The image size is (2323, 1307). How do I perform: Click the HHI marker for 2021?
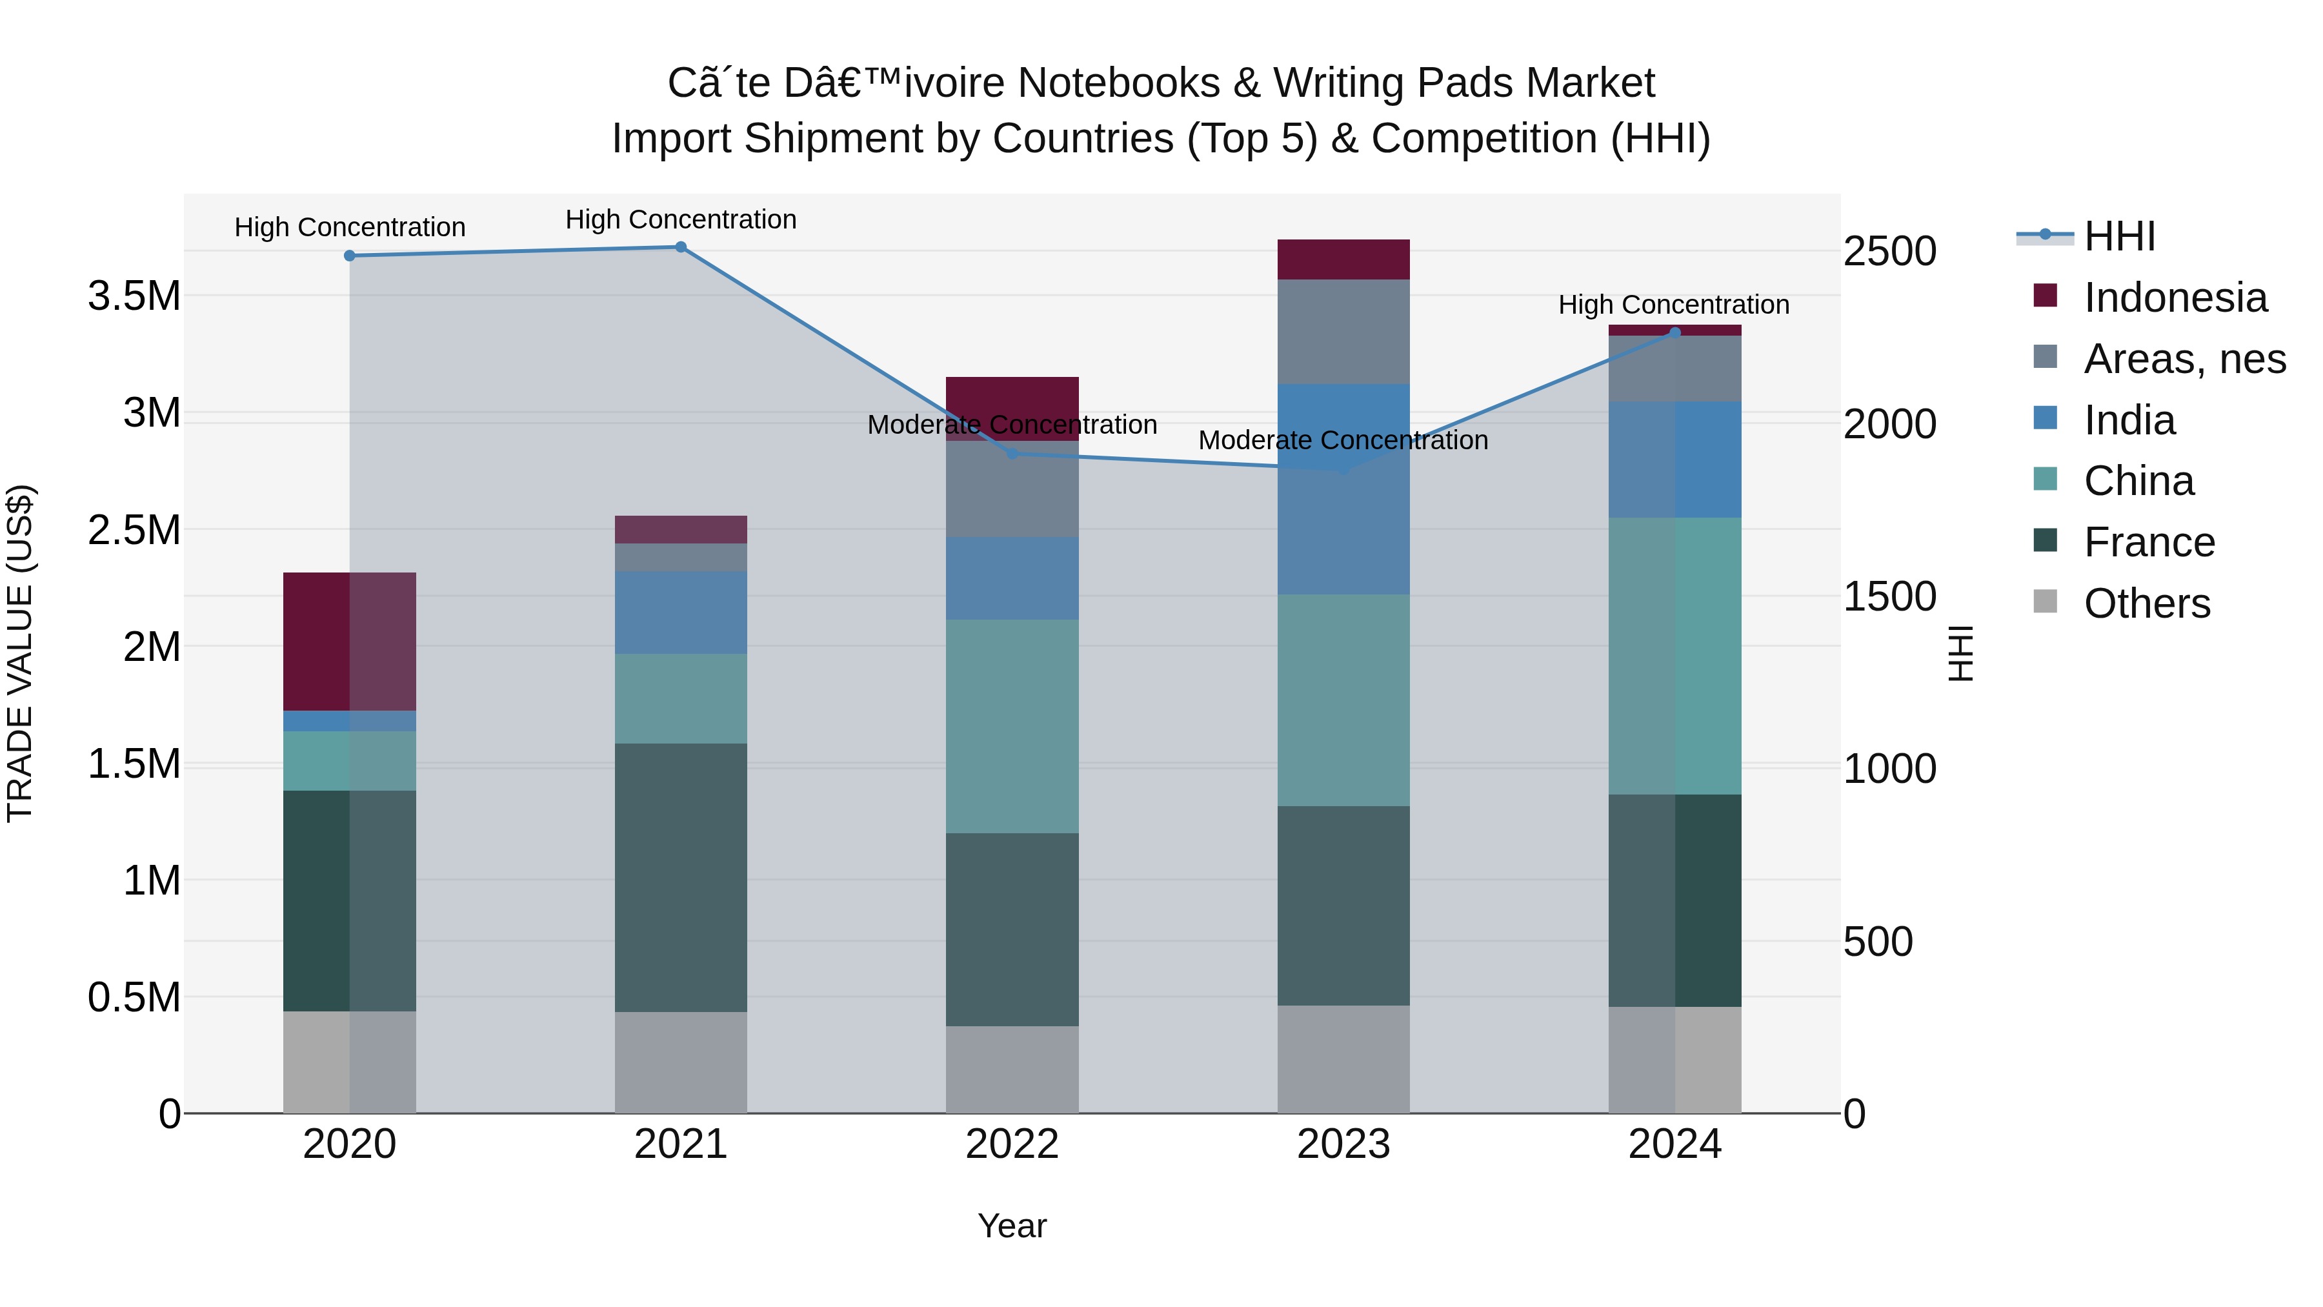(x=681, y=247)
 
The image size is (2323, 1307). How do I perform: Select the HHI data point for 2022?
(x=1012, y=454)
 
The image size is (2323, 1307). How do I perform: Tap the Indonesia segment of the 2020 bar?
(x=350, y=642)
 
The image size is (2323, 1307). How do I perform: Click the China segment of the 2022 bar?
(x=1012, y=726)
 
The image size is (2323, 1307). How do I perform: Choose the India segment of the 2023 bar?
(x=1343, y=489)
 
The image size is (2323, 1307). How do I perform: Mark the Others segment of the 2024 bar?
(x=1674, y=1060)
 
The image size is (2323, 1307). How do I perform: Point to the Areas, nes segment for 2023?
(x=1343, y=332)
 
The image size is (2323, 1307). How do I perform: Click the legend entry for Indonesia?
(x=2175, y=298)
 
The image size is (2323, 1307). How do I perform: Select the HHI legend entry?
(x=2119, y=236)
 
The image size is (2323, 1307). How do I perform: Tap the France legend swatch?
(x=2046, y=542)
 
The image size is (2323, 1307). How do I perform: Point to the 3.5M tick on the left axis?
(x=134, y=296)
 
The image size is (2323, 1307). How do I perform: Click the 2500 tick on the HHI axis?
(x=1890, y=251)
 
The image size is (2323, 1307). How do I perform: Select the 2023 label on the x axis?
(x=1343, y=1144)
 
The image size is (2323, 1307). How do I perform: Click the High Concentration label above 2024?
(x=1674, y=305)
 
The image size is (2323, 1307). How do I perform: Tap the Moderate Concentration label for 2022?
(x=1012, y=425)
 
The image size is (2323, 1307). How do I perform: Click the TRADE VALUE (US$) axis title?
(x=20, y=654)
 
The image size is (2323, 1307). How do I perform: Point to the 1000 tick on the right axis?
(x=1890, y=769)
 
